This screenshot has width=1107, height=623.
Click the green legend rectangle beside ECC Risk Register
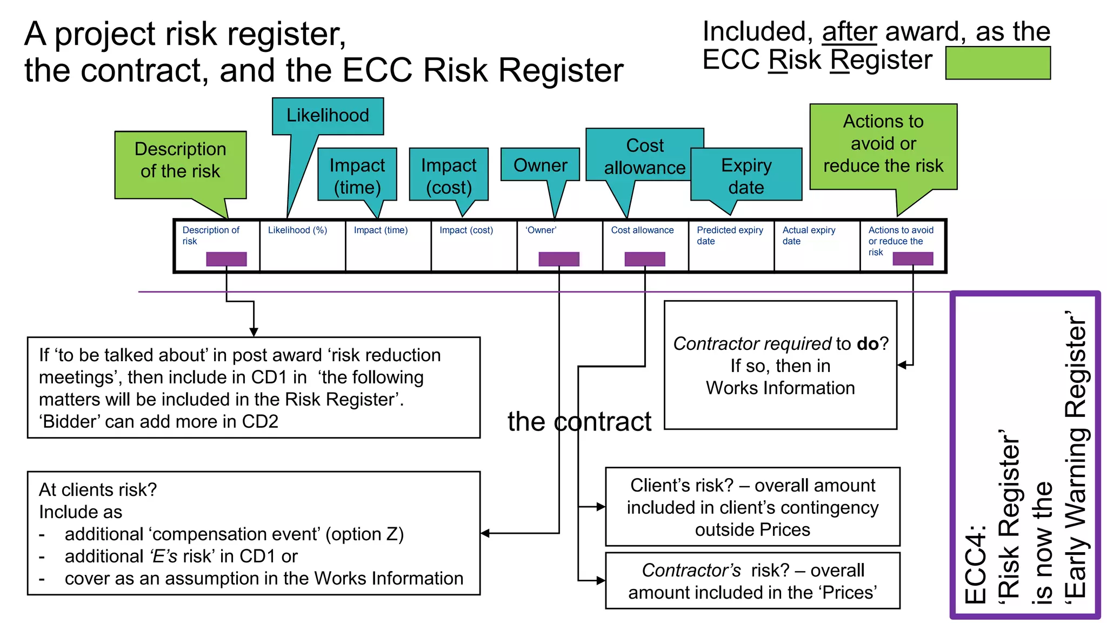[997, 63]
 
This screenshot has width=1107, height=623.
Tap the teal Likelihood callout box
[328, 116]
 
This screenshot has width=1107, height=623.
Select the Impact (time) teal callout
[357, 175]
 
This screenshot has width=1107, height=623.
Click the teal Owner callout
[540, 165]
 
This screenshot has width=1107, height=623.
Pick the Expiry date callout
[746, 175]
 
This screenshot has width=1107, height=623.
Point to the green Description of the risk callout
[180, 160]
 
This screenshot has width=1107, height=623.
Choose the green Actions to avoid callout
[883, 144]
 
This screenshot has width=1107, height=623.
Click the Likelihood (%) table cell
[302, 246]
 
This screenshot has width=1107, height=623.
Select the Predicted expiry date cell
[731, 246]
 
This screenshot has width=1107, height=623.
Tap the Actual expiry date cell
[816, 246]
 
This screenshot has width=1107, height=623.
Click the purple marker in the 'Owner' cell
[558, 259]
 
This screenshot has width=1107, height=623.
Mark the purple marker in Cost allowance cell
[644, 259]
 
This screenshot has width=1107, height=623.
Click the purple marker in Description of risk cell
[226, 259]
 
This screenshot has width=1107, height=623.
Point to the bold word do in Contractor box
[868, 344]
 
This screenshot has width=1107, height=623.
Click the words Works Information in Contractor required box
[780, 388]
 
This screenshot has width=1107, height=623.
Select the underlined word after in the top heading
[849, 32]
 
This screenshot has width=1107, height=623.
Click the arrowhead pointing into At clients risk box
[485, 533]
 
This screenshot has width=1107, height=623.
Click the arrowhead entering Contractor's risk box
[601, 580]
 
